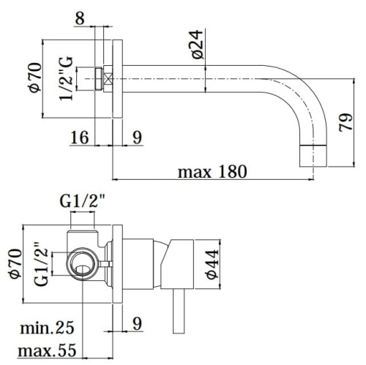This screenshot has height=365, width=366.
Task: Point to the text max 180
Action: click(212, 172)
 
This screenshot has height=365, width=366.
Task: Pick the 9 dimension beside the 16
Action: click(137, 136)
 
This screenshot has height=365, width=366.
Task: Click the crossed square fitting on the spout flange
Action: click(108, 78)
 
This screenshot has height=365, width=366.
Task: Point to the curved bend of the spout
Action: click(304, 95)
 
